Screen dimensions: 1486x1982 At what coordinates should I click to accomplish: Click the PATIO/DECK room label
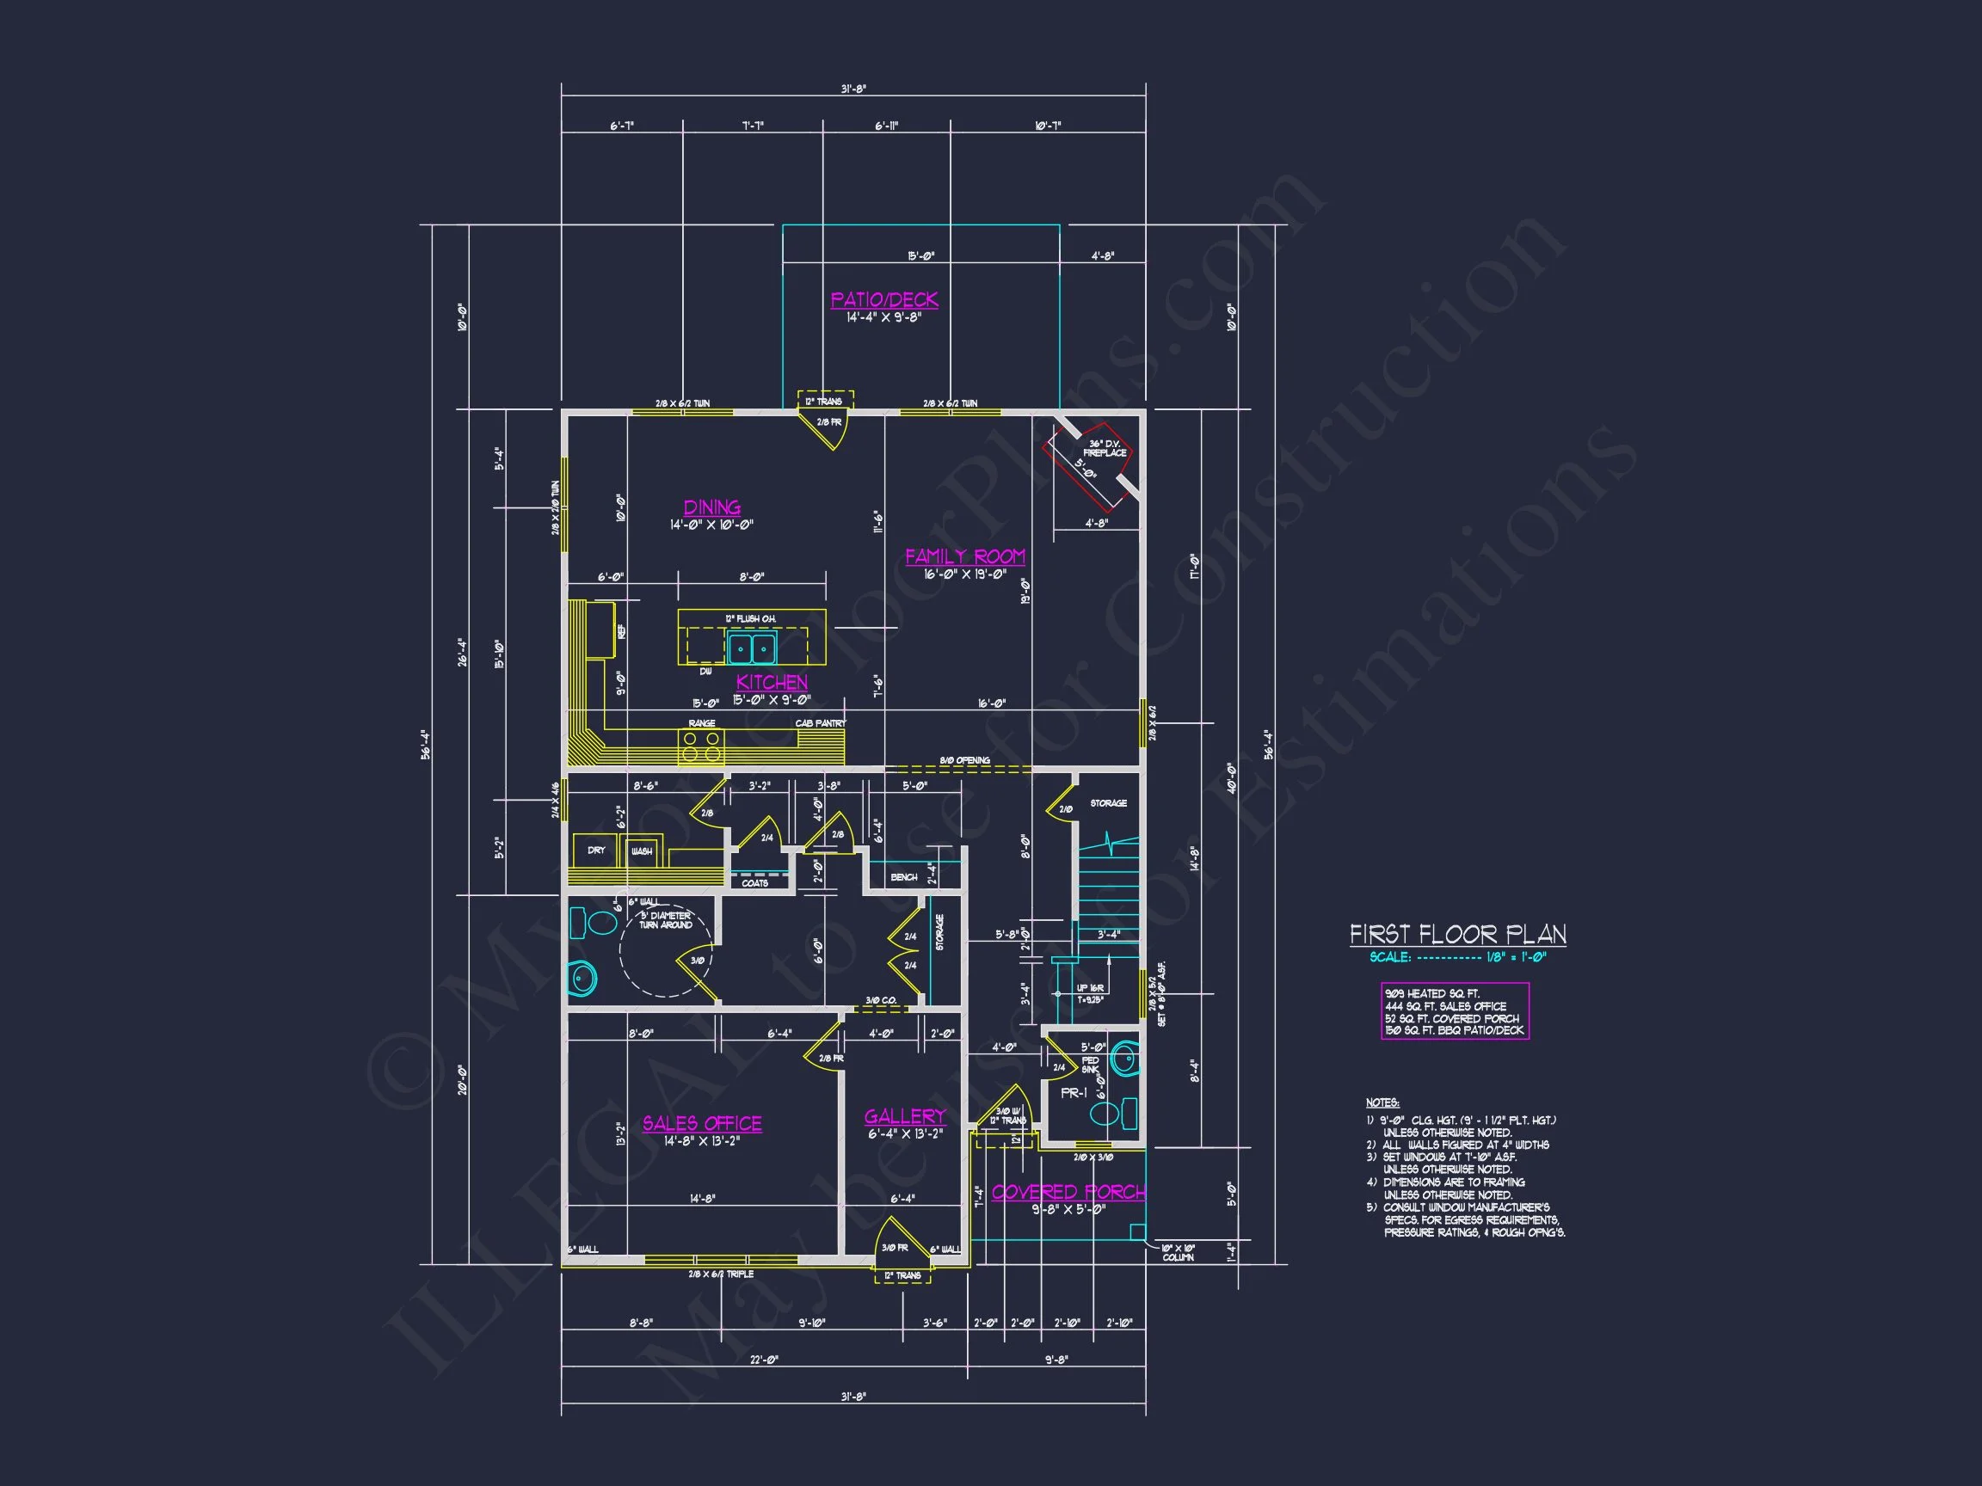[883, 300]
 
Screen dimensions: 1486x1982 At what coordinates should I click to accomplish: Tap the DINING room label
[711, 508]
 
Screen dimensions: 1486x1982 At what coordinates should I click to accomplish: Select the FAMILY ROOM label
[964, 556]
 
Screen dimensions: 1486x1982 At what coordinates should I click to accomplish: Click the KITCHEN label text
[772, 682]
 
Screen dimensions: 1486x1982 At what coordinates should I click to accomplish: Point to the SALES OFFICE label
[702, 1123]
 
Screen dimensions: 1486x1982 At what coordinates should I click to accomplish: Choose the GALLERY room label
[905, 1116]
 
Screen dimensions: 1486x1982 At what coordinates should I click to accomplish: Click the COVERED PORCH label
[1068, 1192]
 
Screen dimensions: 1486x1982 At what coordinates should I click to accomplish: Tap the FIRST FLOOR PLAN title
[1458, 935]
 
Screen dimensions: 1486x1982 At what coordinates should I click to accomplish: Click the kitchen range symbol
[701, 747]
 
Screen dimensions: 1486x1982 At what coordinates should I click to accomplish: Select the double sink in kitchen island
[751, 648]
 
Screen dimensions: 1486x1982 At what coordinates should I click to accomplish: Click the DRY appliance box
[596, 850]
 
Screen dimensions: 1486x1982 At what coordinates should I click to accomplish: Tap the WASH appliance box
[642, 851]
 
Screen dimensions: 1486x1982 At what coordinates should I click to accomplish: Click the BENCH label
[903, 877]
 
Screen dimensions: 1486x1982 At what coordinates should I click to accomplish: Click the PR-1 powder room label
[1074, 1094]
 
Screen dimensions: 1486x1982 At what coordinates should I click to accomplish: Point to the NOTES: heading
[1382, 1102]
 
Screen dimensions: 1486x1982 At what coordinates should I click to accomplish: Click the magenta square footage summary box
[1455, 1011]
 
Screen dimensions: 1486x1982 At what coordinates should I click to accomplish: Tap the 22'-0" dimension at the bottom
[763, 1359]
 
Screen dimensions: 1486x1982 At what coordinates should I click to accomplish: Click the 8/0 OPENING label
[964, 760]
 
